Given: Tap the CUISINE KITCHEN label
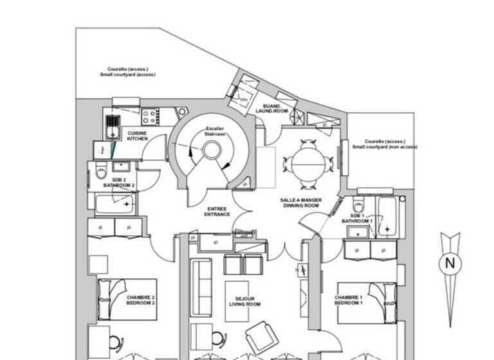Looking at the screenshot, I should [137, 136].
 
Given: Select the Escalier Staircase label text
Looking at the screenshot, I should [214, 130].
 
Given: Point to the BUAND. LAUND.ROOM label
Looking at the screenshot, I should [268, 108].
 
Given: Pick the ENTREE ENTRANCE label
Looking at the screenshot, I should [217, 212].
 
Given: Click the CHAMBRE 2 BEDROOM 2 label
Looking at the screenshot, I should [140, 300].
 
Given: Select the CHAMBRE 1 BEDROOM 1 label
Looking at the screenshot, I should [349, 300].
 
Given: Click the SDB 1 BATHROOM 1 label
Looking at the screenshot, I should [361, 219].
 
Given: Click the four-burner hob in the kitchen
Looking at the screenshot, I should [151, 117].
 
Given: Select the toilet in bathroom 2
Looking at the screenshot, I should [101, 173].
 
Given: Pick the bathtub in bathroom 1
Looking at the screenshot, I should [387, 216].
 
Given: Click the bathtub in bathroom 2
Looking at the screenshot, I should [114, 204].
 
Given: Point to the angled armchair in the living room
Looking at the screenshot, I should [262, 337].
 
